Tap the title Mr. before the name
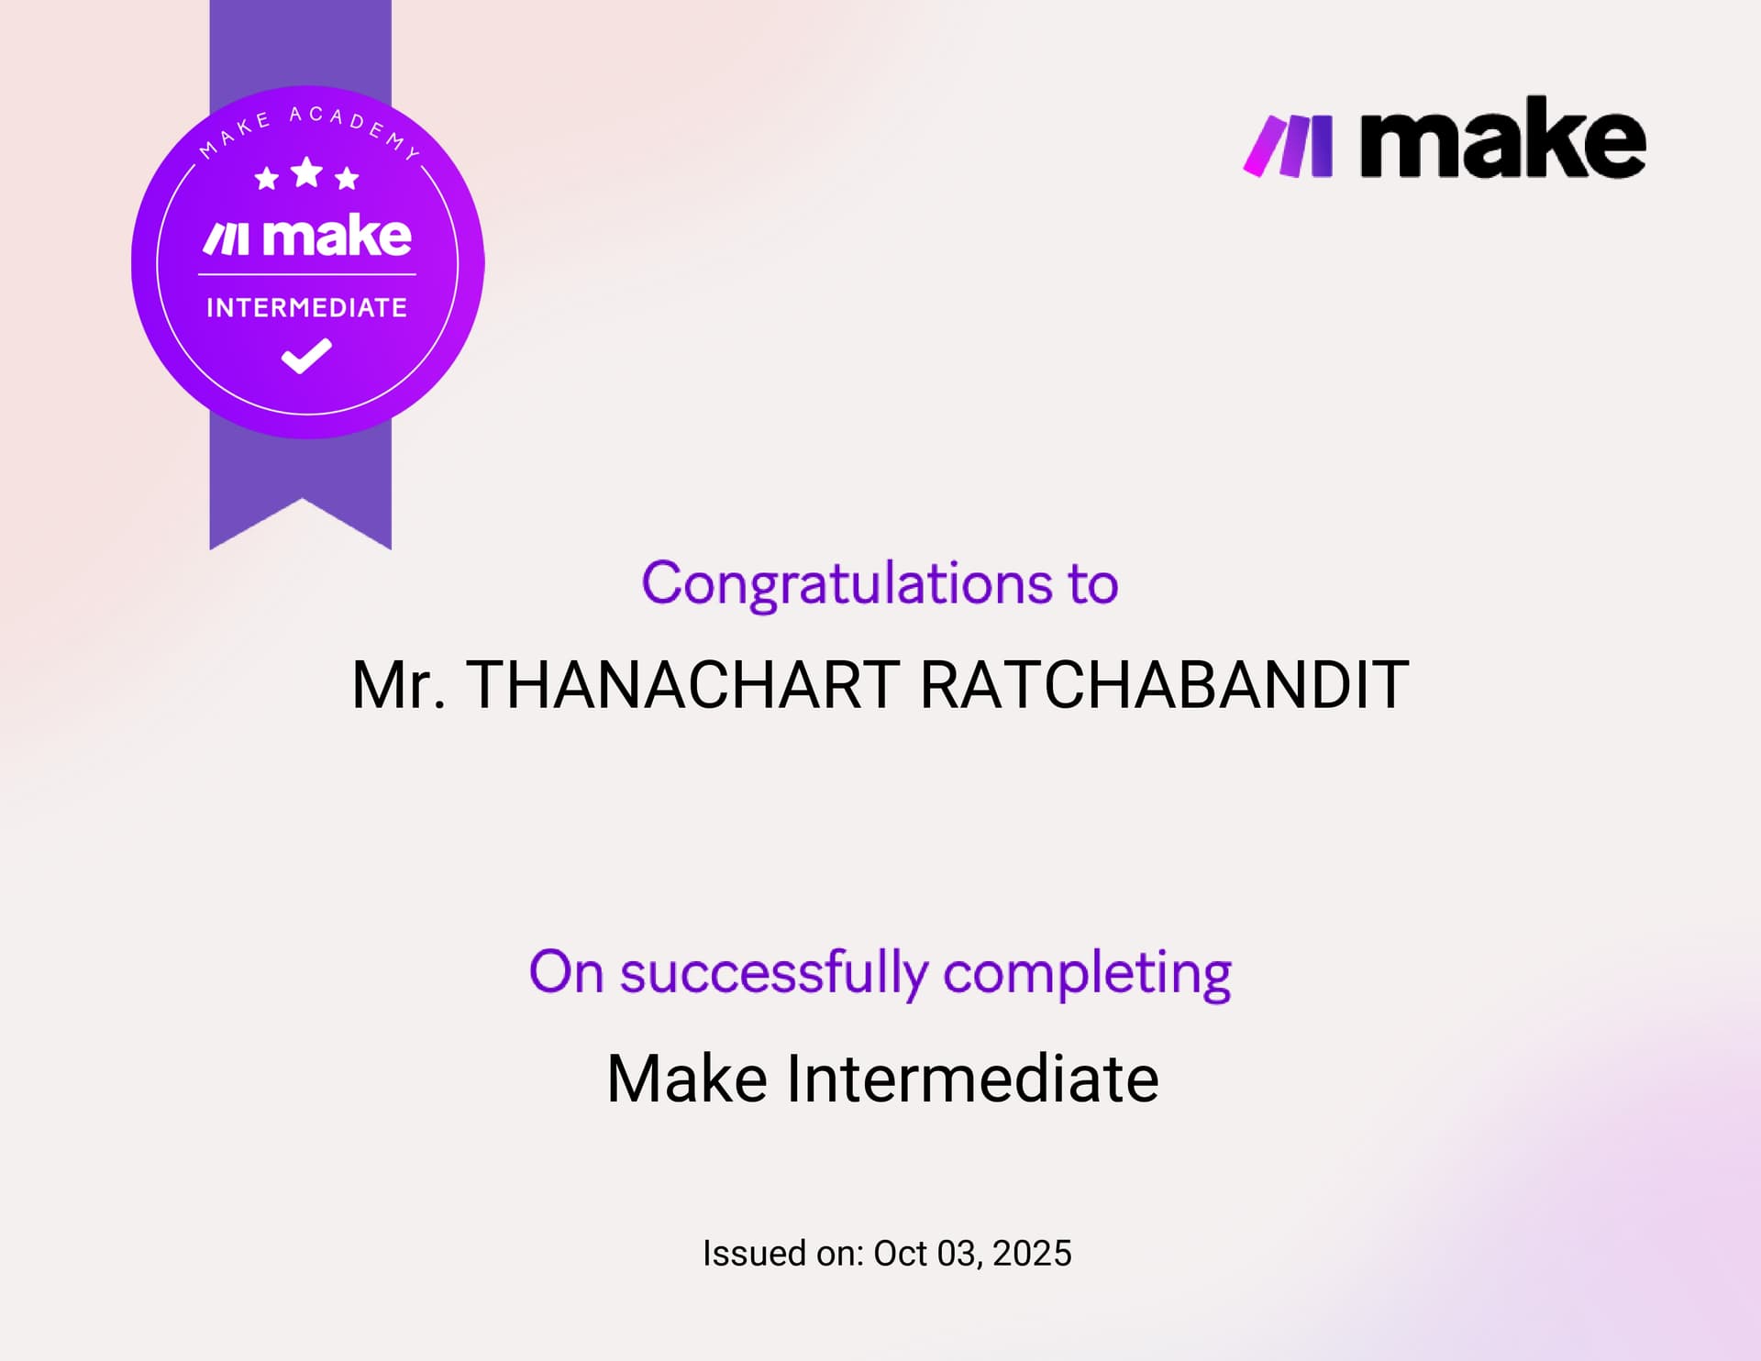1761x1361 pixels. tap(398, 685)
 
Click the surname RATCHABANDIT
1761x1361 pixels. tap(1164, 685)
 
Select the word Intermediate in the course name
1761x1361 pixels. tap(972, 1079)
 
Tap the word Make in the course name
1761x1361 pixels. tap(687, 1079)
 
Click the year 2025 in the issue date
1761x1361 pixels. tap(1032, 1254)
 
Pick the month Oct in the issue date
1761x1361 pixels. tap(900, 1254)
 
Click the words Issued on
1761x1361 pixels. tap(782, 1254)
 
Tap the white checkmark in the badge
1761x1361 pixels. tap(306, 356)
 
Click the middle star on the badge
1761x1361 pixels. tap(306, 172)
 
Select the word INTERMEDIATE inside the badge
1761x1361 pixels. tap(306, 307)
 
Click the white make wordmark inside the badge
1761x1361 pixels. tap(337, 237)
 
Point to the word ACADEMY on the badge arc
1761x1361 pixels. tap(354, 127)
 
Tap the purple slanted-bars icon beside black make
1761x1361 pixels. tap(1288, 145)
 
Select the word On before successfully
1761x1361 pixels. tap(566, 973)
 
